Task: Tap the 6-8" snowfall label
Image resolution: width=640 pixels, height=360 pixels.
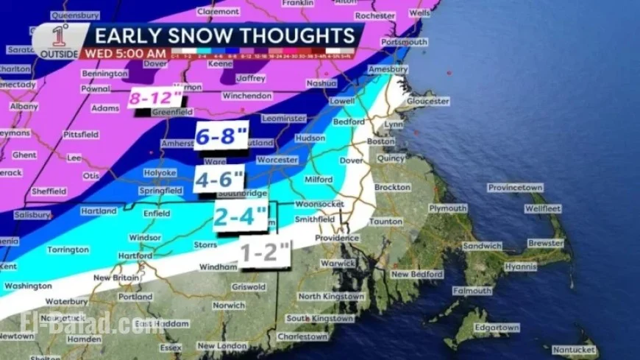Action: [218, 135]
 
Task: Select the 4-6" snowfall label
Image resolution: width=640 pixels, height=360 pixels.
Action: [218, 178]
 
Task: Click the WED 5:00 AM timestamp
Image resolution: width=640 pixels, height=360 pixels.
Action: [126, 54]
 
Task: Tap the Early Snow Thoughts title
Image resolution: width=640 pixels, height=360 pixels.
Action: [225, 35]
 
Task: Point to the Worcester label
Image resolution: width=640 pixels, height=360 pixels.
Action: [277, 160]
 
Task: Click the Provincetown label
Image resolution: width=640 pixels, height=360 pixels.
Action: [515, 188]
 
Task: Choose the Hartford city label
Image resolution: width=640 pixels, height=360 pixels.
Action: [134, 255]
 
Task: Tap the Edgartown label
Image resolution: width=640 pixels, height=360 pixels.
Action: [497, 328]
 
